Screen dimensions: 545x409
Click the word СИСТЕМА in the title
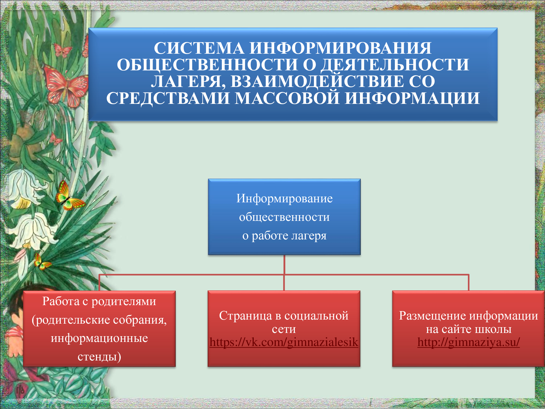(x=199, y=48)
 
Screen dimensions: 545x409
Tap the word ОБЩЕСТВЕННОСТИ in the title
(x=207, y=65)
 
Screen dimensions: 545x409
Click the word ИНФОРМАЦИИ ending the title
(x=412, y=98)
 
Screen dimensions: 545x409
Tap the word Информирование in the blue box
(x=284, y=198)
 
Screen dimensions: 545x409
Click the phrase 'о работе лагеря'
(x=284, y=236)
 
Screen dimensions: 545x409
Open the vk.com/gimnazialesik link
(x=284, y=342)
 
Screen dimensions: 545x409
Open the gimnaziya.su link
(x=468, y=342)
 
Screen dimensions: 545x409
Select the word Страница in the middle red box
(x=246, y=316)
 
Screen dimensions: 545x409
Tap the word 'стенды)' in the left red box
(x=99, y=357)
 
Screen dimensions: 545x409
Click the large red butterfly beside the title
(x=66, y=86)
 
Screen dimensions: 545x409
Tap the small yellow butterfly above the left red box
(x=42, y=261)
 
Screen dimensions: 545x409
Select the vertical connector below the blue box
(x=284, y=273)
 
